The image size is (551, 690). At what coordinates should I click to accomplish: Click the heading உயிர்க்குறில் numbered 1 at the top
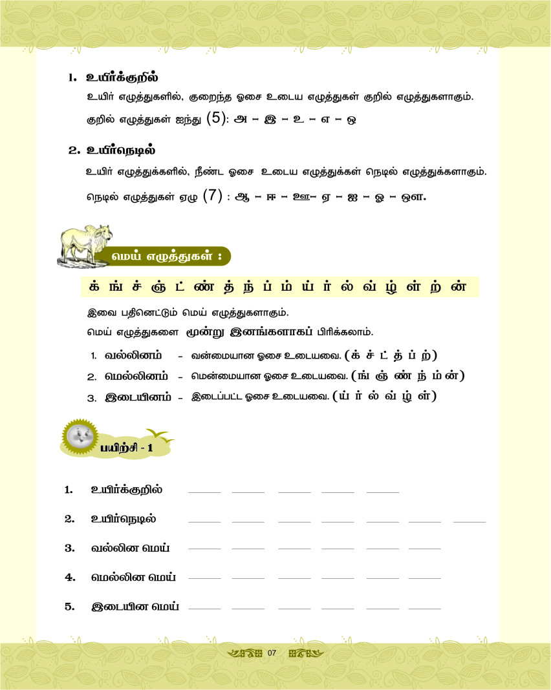coord(122,78)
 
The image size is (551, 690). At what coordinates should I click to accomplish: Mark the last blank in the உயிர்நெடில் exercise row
coord(470,520)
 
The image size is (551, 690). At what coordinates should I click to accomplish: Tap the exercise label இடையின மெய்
coord(135,607)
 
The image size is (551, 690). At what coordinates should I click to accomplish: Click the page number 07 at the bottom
coord(272,653)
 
